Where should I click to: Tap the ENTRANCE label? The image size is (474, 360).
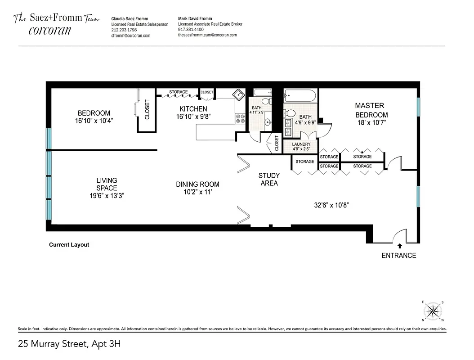(x=398, y=256)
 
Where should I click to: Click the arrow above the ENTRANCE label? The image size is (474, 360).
(x=399, y=246)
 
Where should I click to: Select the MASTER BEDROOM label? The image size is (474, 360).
(x=371, y=110)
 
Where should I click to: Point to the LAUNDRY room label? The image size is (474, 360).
(x=301, y=144)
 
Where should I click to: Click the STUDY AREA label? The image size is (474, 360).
(x=269, y=179)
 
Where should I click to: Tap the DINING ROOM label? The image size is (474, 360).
(x=197, y=184)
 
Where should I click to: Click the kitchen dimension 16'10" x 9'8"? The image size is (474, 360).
(x=193, y=117)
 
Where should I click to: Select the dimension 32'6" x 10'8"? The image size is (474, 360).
(x=331, y=205)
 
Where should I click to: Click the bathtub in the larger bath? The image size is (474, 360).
(x=300, y=95)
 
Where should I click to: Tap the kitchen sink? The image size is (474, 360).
(x=238, y=95)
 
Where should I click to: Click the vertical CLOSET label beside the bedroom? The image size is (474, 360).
(x=147, y=109)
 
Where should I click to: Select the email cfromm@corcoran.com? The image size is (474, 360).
(x=131, y=35)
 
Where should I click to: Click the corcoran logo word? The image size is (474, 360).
(x=49, y=31)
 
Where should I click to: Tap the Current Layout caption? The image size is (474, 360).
(x=69, y=245)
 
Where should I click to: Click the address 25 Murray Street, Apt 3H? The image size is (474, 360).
(x=69, y=344)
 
